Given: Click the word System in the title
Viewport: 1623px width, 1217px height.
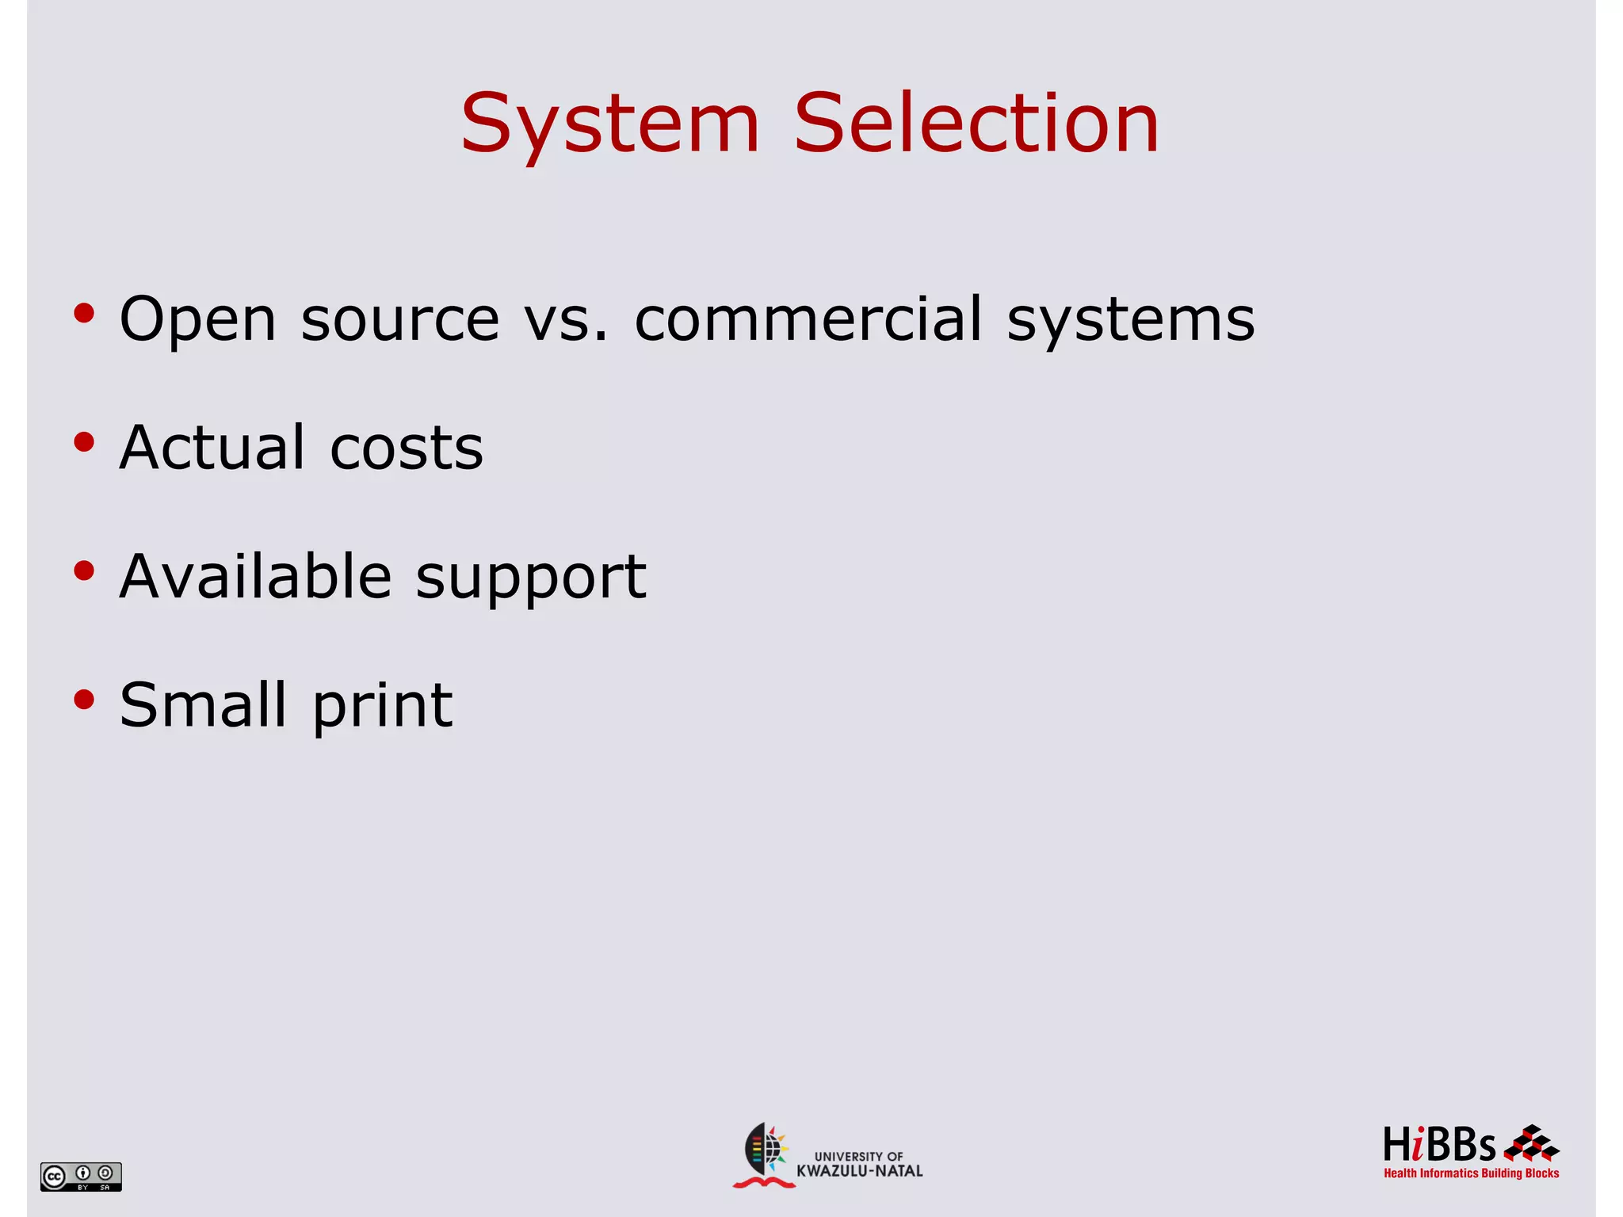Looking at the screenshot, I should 610,125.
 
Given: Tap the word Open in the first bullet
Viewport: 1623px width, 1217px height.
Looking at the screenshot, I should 198,320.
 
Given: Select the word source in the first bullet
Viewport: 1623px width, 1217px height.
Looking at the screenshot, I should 400,320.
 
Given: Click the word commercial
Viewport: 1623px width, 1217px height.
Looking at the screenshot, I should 808,319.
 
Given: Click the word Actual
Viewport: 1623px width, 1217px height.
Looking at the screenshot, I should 212,448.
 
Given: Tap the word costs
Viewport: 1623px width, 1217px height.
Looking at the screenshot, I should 406,449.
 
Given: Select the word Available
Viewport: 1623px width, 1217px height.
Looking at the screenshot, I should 255,576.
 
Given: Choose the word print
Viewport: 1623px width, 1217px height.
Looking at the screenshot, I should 383,707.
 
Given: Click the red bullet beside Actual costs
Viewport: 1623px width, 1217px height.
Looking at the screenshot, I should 84,442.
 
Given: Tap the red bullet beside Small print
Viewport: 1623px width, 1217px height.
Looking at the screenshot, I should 84,699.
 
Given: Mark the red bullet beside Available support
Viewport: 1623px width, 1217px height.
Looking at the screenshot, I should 84,570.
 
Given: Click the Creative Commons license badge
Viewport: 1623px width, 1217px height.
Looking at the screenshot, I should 81,1177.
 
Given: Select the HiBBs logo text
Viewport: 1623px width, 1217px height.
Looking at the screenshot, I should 1439,1146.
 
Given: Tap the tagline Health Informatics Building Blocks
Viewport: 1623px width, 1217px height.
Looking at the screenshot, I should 1471,1173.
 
